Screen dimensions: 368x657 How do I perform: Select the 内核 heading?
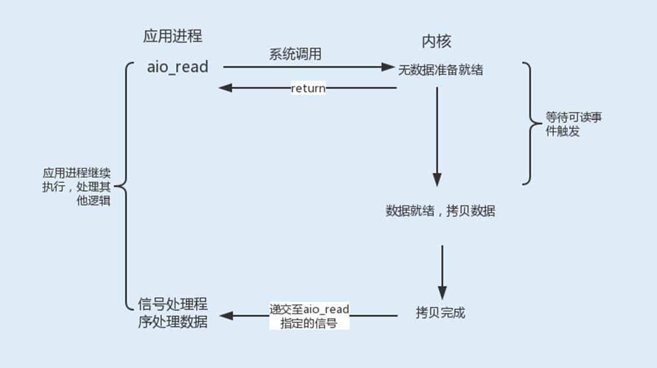(437, 41)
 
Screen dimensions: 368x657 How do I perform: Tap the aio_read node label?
(177, 67)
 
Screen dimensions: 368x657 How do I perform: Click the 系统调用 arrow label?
(295, 55)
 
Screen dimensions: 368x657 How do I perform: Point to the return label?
(308, 89)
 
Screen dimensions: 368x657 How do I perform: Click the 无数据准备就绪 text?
(441, 70)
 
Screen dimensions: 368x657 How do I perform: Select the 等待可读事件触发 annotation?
(574, 124)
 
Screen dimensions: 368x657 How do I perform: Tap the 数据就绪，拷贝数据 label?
(440, 211)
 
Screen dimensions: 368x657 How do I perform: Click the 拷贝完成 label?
(440, 313)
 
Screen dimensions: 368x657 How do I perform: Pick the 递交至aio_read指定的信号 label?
(310, 316)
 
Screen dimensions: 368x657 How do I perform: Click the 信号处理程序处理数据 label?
(173, 313)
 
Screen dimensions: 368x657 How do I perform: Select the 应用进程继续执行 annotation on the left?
(77, 187)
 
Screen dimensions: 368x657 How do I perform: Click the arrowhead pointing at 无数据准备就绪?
(388, 67)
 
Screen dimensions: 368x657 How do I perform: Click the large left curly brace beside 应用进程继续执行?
(123, 186)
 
